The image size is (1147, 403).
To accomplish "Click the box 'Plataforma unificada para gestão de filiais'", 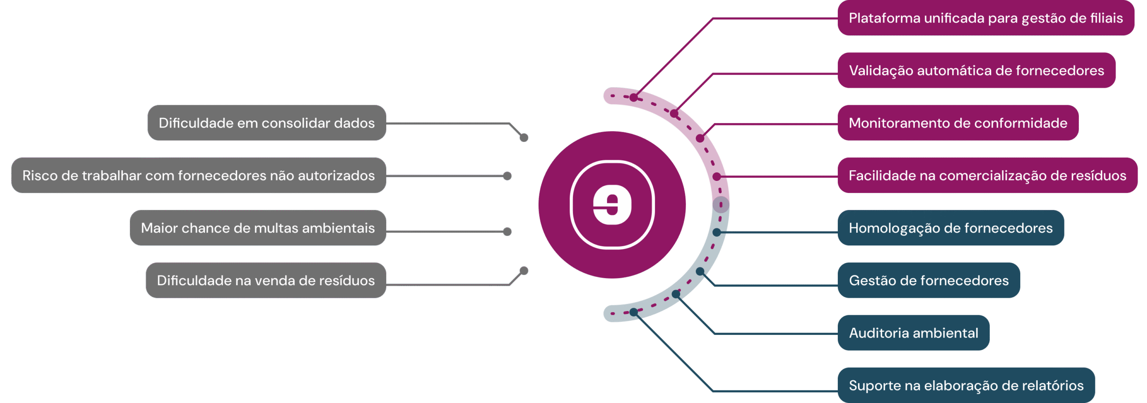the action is (986, 18).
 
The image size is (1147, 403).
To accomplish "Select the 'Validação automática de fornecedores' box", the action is (976, 70).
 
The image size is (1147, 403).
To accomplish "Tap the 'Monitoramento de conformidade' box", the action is (958, 123).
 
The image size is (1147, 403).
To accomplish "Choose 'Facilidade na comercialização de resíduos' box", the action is (987, 175).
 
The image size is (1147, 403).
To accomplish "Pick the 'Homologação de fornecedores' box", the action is (951, 227).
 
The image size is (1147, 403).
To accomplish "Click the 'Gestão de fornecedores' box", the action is (929, 280).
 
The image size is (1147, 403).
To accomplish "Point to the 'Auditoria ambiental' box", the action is (914, 333).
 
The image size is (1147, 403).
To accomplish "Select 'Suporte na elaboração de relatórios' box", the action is (966, 385).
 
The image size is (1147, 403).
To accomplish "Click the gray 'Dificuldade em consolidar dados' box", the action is (267, 123).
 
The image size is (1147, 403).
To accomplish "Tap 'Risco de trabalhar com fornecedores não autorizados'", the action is (198, 175).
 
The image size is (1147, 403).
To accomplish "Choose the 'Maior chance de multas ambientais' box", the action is (258, 227).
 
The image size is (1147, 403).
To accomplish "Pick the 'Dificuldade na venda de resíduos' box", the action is (266, 280).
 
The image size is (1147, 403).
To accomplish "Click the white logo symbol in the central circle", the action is (612, 205).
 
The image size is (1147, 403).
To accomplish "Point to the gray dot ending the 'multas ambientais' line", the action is (507, 232).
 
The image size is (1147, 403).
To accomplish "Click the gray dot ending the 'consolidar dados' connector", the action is (524, 137).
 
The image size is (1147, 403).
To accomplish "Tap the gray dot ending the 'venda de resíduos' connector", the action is (524, 270).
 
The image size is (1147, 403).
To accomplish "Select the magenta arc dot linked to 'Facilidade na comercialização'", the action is (716, 177).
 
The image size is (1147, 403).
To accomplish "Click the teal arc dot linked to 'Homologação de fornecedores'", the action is (716, 232).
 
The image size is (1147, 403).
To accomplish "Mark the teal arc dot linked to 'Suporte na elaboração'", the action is (634, 312).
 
